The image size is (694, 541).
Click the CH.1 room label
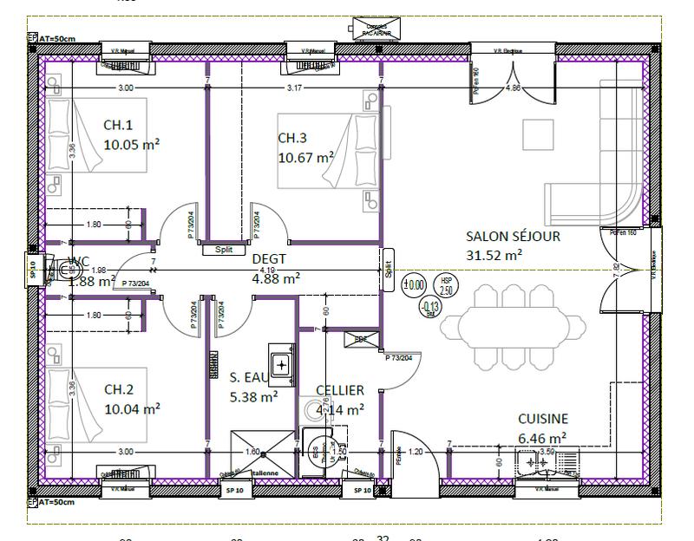120,125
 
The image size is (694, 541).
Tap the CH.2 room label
120,389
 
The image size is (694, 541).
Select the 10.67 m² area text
306,157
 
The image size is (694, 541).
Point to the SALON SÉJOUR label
513,236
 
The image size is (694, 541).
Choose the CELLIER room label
339,391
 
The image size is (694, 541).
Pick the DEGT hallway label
269,258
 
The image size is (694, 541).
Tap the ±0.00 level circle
414,283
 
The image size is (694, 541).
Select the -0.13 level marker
429,308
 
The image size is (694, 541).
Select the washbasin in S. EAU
282,364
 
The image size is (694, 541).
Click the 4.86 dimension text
513,88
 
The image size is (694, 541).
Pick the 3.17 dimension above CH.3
294,88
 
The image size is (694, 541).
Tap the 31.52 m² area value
494,255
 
